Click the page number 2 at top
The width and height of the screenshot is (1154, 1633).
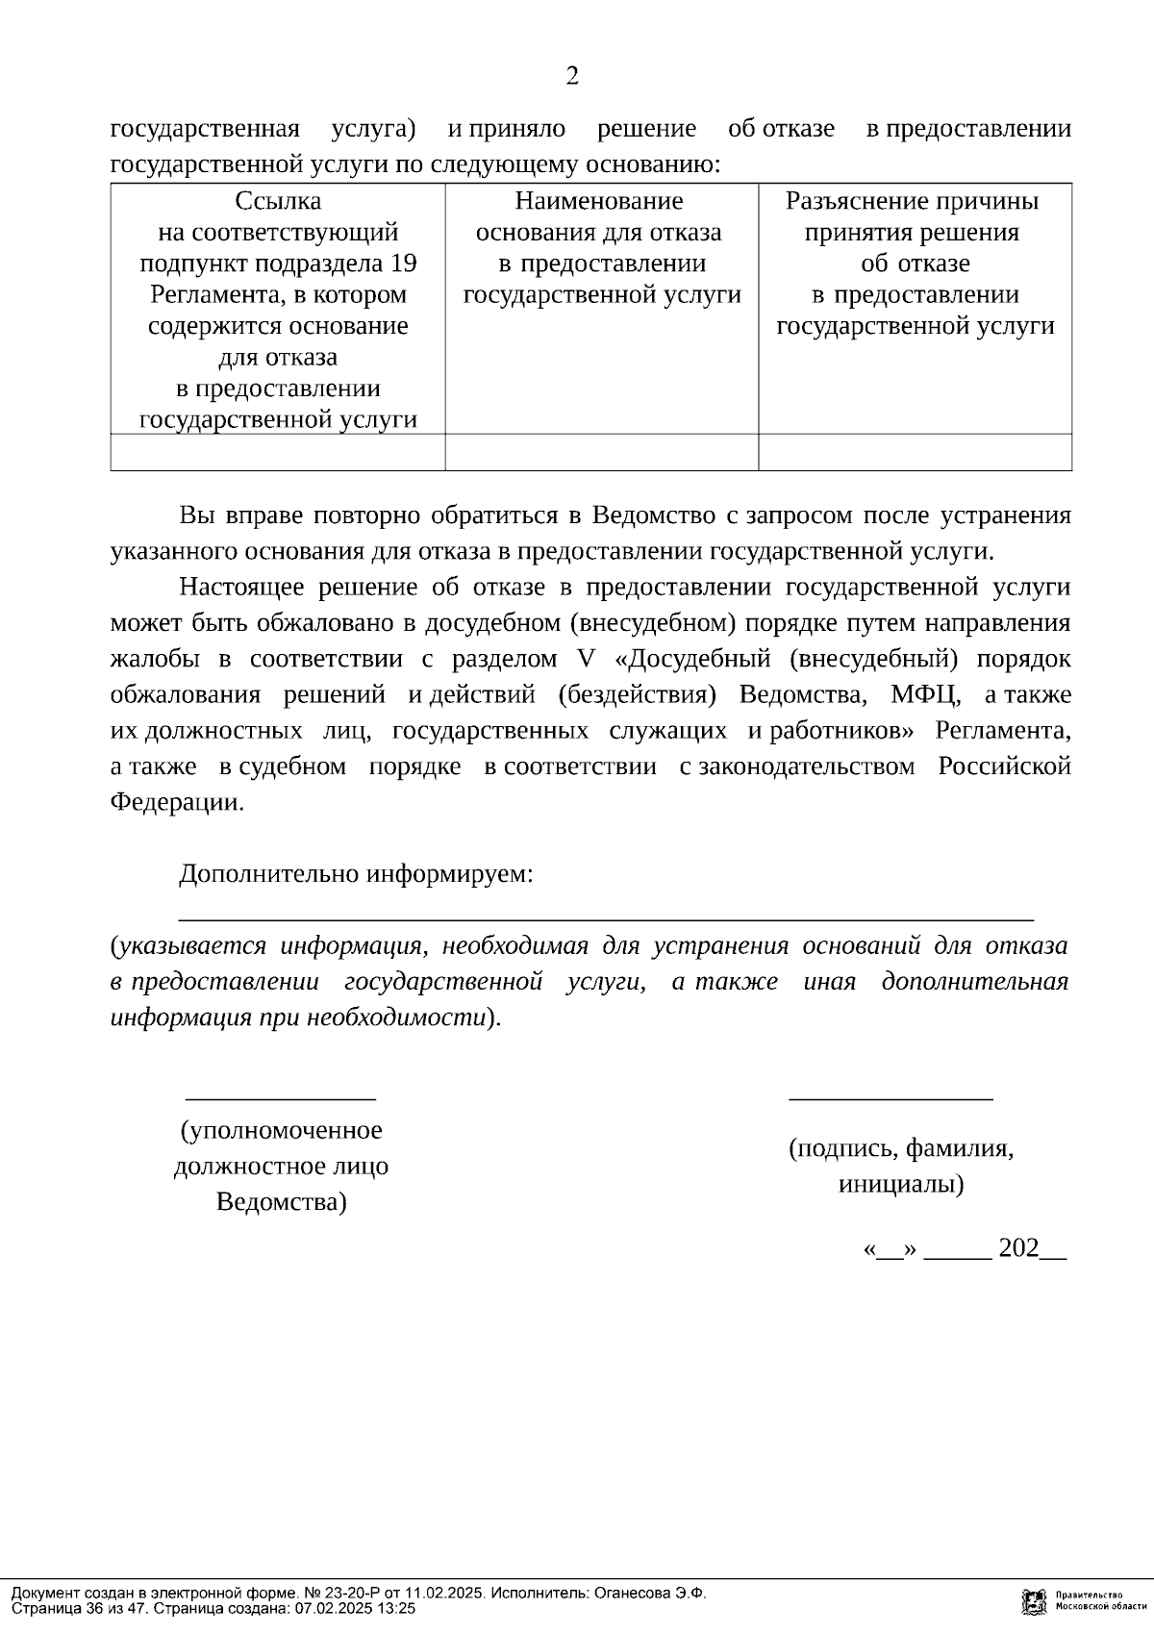coord(572,77)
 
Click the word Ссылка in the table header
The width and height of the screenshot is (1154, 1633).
coord(278,202)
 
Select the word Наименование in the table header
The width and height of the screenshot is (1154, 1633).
coord(598,202)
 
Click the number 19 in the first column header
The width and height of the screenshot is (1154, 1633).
coord(404,264)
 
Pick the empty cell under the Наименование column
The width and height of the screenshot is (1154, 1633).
coord(601,452)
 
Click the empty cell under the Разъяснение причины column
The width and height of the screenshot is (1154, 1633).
coord(915,452)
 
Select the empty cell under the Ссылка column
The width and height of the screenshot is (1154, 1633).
coord(278,452)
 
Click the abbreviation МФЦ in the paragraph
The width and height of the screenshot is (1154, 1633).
coord(923,695)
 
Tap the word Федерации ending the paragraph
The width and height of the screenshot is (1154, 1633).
coord(177,803)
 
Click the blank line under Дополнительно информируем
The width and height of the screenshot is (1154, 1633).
coord(606,919)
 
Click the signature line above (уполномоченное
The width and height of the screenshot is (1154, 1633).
coord(280,1097)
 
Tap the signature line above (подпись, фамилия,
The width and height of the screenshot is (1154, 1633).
coord(891,1097)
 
